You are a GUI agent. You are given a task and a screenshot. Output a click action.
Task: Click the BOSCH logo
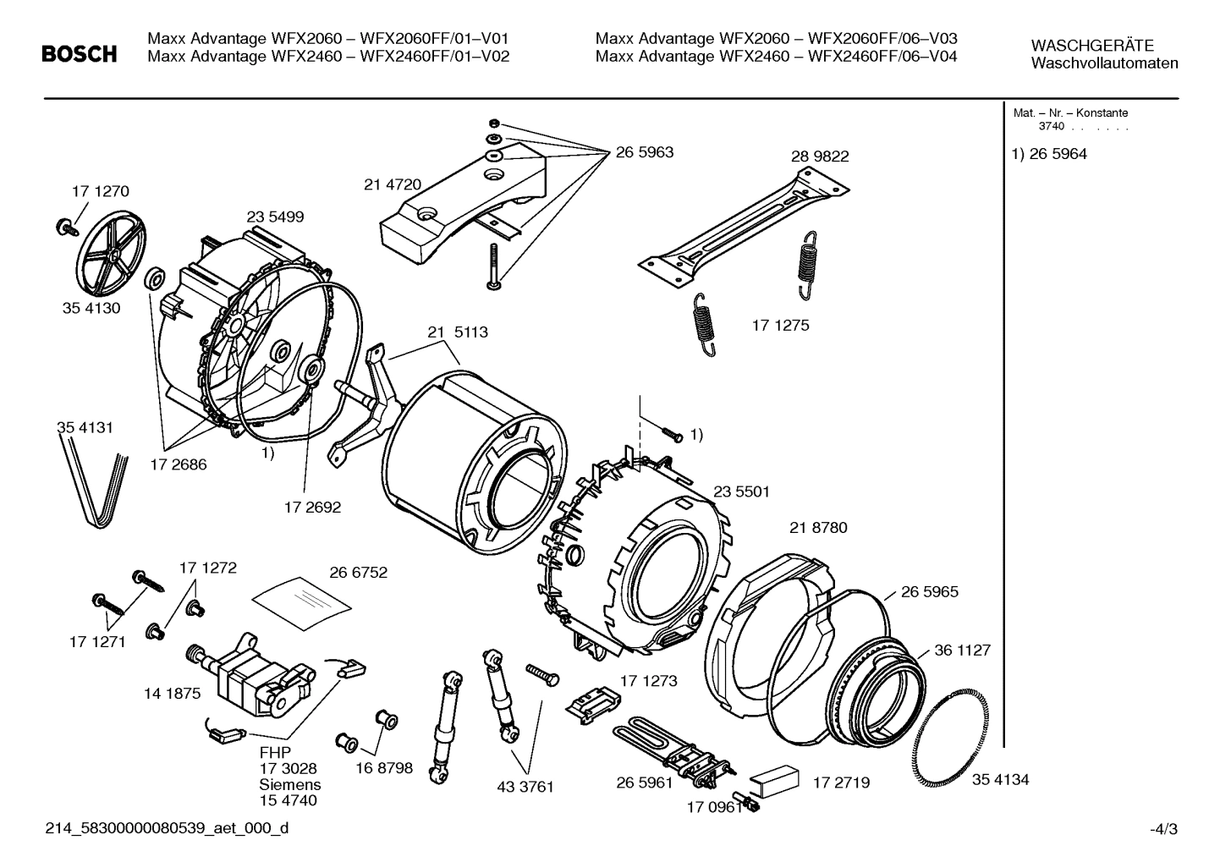pyautogui.click(x=80, y=55)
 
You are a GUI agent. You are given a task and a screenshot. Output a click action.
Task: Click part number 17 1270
pyautogui.click(x=100, y=191)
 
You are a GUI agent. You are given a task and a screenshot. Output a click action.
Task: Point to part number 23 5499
pyautogui.click(x=275, y=217)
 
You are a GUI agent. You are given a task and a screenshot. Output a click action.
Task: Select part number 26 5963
pyautogui.click(x=644, y=152)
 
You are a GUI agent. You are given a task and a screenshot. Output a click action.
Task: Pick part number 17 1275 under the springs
pyautogui.click(x=780, y=325)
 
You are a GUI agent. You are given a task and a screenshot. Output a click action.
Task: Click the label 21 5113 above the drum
pyautogui.click(x=457, y=332)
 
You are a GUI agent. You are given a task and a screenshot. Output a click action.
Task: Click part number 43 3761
pyautogui.click(x=525, y=787)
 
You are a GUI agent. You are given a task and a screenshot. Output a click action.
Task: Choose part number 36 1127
pyautogui.click(x=962, y=651)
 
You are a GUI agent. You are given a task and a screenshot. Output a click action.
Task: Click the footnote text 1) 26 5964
pyautogui.click(x=1049, y=154)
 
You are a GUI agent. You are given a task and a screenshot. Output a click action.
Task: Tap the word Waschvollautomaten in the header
pyautogui.click(x=1104, y=63)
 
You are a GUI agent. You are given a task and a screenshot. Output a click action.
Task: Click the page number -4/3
pyautogui.click(x=1162, y=829)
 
